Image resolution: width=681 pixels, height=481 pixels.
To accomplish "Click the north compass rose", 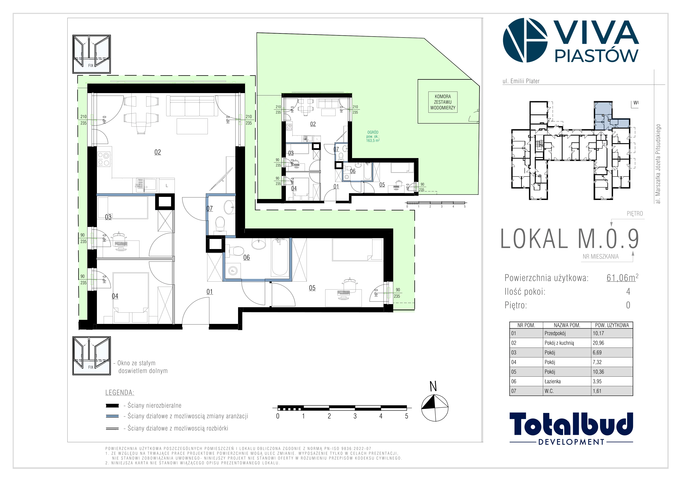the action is (x=435, y=408).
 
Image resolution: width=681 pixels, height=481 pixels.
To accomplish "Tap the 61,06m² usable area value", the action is (x=622, y=278).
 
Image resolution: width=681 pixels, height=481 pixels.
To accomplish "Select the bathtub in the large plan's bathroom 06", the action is (x=280, y=257).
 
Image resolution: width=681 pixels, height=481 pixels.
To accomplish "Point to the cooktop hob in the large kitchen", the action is (x=104, y=159).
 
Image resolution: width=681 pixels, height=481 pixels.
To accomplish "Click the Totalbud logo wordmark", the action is (x=571, y=424).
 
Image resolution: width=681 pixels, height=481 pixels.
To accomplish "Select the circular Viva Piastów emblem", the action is (x=525, y=40).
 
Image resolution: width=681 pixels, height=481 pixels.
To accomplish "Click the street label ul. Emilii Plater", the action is (x=521, y=81).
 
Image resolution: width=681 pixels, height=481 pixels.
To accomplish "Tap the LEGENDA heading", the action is (x=120, y=393).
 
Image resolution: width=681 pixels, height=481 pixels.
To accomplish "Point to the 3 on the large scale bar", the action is (x=355, y=416).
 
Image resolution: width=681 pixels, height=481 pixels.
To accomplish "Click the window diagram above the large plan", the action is (x=92, y=54).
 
